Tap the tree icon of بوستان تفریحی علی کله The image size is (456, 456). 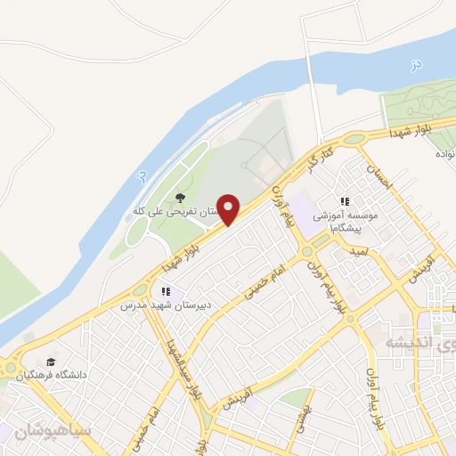181,198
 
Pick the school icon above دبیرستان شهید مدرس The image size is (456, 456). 165,291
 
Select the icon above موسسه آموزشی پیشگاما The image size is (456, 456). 346,201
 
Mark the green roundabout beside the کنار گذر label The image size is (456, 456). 354,138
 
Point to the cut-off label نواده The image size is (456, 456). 445,154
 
